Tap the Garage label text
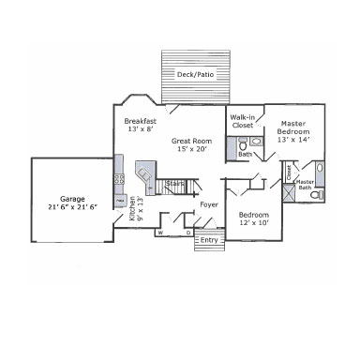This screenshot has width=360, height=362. [72, 198]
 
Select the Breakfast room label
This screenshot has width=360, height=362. [141, 121]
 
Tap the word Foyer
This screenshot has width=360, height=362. [209, 204]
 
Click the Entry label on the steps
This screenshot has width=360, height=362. [208, 240]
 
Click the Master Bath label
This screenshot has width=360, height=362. [305, 184]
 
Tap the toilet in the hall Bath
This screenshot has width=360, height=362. [242, 146]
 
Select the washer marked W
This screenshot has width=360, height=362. [160, 231]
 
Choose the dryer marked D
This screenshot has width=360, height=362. [187, 231]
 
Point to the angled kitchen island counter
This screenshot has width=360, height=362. [144, 175]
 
